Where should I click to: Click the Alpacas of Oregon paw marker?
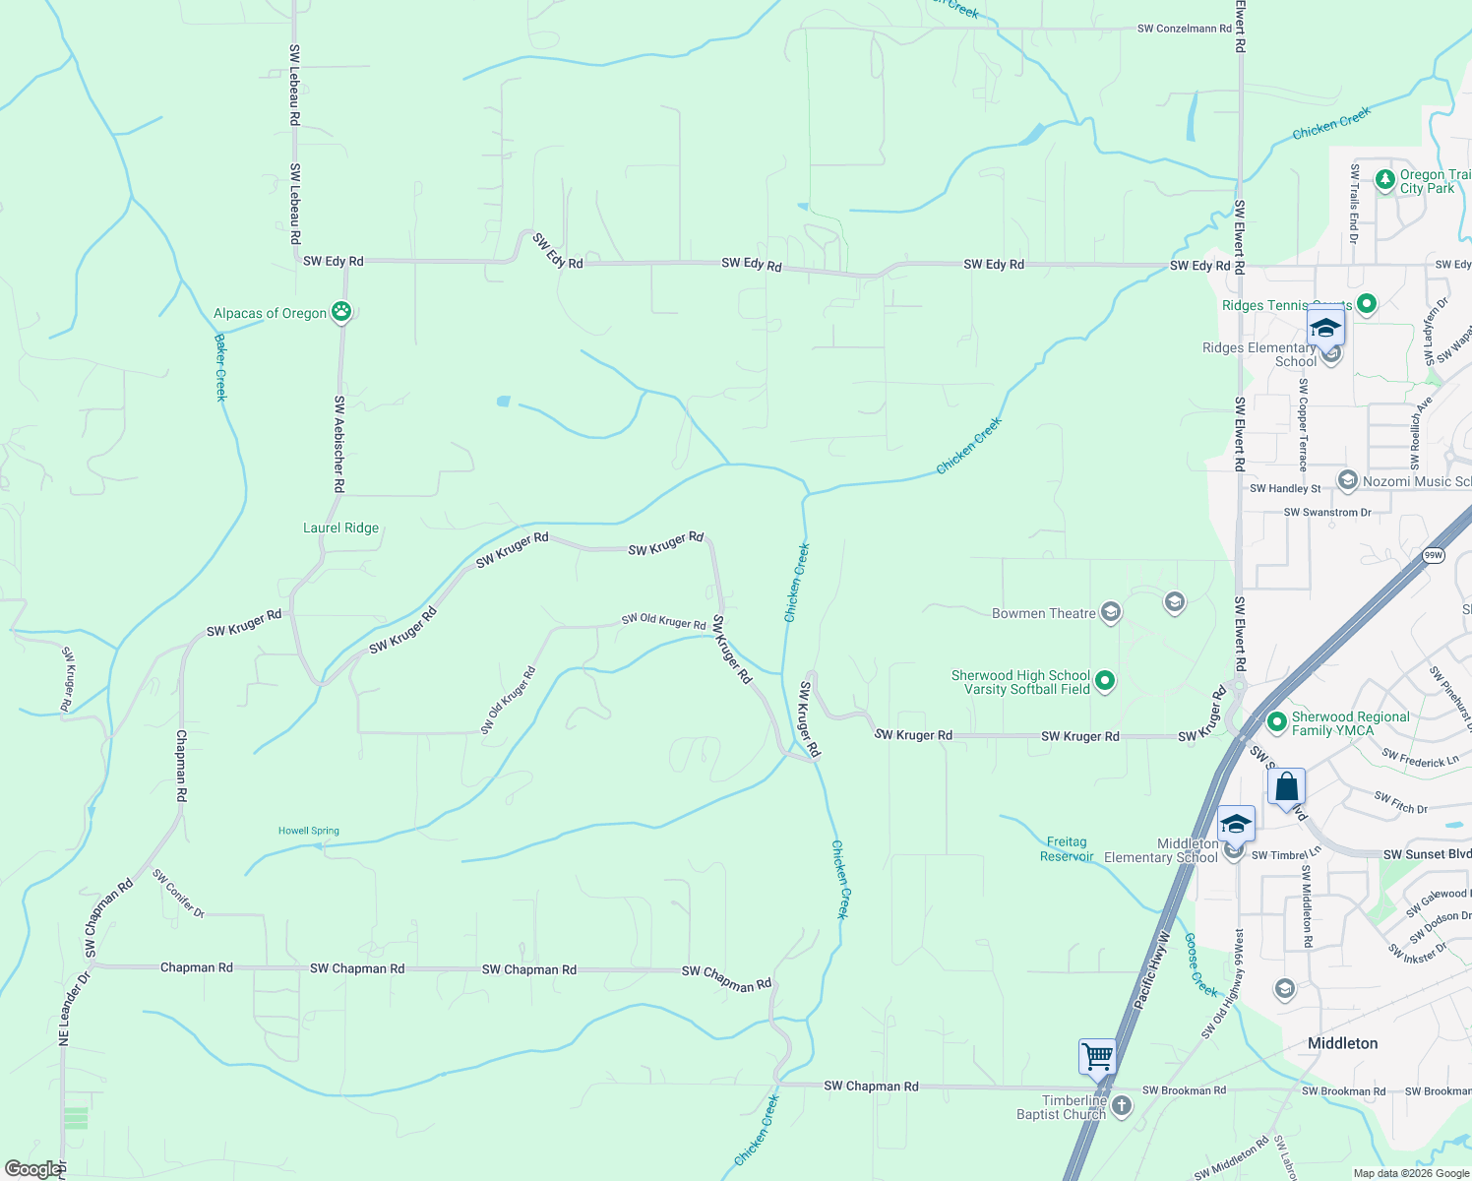pyautogui.click(x=340, y=313)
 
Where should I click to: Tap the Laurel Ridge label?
pyautogui.click(x=340, y=528)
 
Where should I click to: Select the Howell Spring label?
pyautogui.click(x=309, y=831)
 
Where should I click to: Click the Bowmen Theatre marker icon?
pyautogui.click(x=1111, y=613)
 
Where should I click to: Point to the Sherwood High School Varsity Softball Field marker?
pyautogui.click(x=1105, y=681)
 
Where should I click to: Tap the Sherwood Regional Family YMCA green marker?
pyautogui.click(x=1277, y=722)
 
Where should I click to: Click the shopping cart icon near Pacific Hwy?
pyautogui.click(x=1097, y=1057)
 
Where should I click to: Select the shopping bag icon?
pyautogui.click(x=1286, y=787)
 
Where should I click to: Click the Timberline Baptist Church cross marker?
pyautogui.click(x=1121, y=1106)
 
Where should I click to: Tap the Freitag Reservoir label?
pyautogui.click(x=1067, y=849)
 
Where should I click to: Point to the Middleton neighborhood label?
pyautogui.click(x=1342, y=1043)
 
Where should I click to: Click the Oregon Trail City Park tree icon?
pyautogui.click(x=1384, y=180)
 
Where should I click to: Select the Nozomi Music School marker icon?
pyautogui.click(x=1347, y=481)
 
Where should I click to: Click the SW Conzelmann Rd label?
pyautogui.click(x=1184, y=29)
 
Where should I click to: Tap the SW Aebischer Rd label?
pyautogui.click(x=338, y=444)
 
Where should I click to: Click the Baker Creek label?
pyautogui.click(x=220, y=367)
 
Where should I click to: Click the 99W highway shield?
pyautogui.click(x=1434, y=556)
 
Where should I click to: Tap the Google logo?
pyautogui.click(x=33, y=1169)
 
